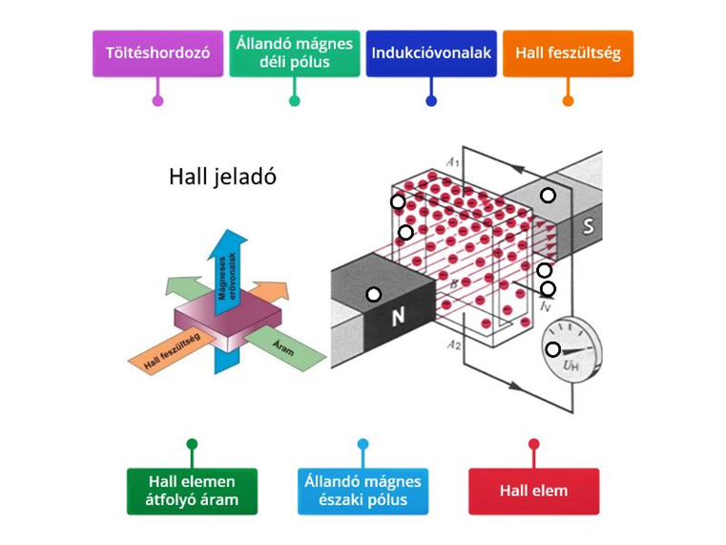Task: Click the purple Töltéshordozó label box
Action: point(157,53)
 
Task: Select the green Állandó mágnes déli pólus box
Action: point(294,53)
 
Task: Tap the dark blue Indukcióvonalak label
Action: point(431,53)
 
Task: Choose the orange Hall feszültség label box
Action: point(568,53)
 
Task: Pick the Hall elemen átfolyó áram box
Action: point(193,491)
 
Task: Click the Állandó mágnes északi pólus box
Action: point(363,491)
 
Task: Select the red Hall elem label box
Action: point(533,491)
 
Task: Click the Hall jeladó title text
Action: point(222,177)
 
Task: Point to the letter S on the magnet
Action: point(589,227)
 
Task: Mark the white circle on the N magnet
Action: point(373,294)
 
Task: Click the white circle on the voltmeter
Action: point(552,349)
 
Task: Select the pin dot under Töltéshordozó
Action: point(157,100)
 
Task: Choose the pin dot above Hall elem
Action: point(533,444)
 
